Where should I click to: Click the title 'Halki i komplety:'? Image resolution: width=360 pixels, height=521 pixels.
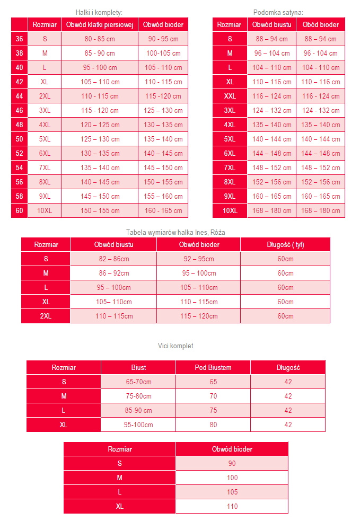(100, 12)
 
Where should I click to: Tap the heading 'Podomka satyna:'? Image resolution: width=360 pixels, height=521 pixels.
(278, 12)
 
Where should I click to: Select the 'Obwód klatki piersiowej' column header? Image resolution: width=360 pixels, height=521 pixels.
(100, 25)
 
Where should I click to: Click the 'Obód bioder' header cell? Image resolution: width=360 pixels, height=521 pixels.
(321, 25)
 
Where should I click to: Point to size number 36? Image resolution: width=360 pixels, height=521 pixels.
(19, 39)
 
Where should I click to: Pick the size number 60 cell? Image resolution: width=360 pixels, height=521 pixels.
(19, 210)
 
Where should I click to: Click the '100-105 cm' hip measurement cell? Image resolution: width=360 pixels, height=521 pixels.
(163, 54)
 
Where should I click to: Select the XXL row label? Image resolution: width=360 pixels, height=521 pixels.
(230, 96)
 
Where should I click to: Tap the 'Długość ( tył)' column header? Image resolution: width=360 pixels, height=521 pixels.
(285, 245)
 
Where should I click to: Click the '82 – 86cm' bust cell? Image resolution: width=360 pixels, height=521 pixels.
(113, 259)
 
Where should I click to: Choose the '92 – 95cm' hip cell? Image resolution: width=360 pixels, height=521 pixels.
(198, 259)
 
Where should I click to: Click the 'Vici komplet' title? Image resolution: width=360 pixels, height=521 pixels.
(175, 346)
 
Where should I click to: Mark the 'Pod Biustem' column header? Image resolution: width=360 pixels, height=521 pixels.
(213, 368)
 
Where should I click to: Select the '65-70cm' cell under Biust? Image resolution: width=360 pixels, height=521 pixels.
(138, 382)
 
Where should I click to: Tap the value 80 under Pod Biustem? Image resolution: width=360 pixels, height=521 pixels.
(213, 425)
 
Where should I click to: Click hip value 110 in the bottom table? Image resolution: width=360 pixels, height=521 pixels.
(232, 506)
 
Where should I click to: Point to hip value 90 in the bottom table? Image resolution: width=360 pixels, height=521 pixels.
(232, 463)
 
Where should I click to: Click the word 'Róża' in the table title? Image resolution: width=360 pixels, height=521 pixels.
(217, 232)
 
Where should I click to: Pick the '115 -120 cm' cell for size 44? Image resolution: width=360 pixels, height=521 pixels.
(163, 96)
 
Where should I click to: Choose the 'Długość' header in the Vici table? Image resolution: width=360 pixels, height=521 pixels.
(288, 368)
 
